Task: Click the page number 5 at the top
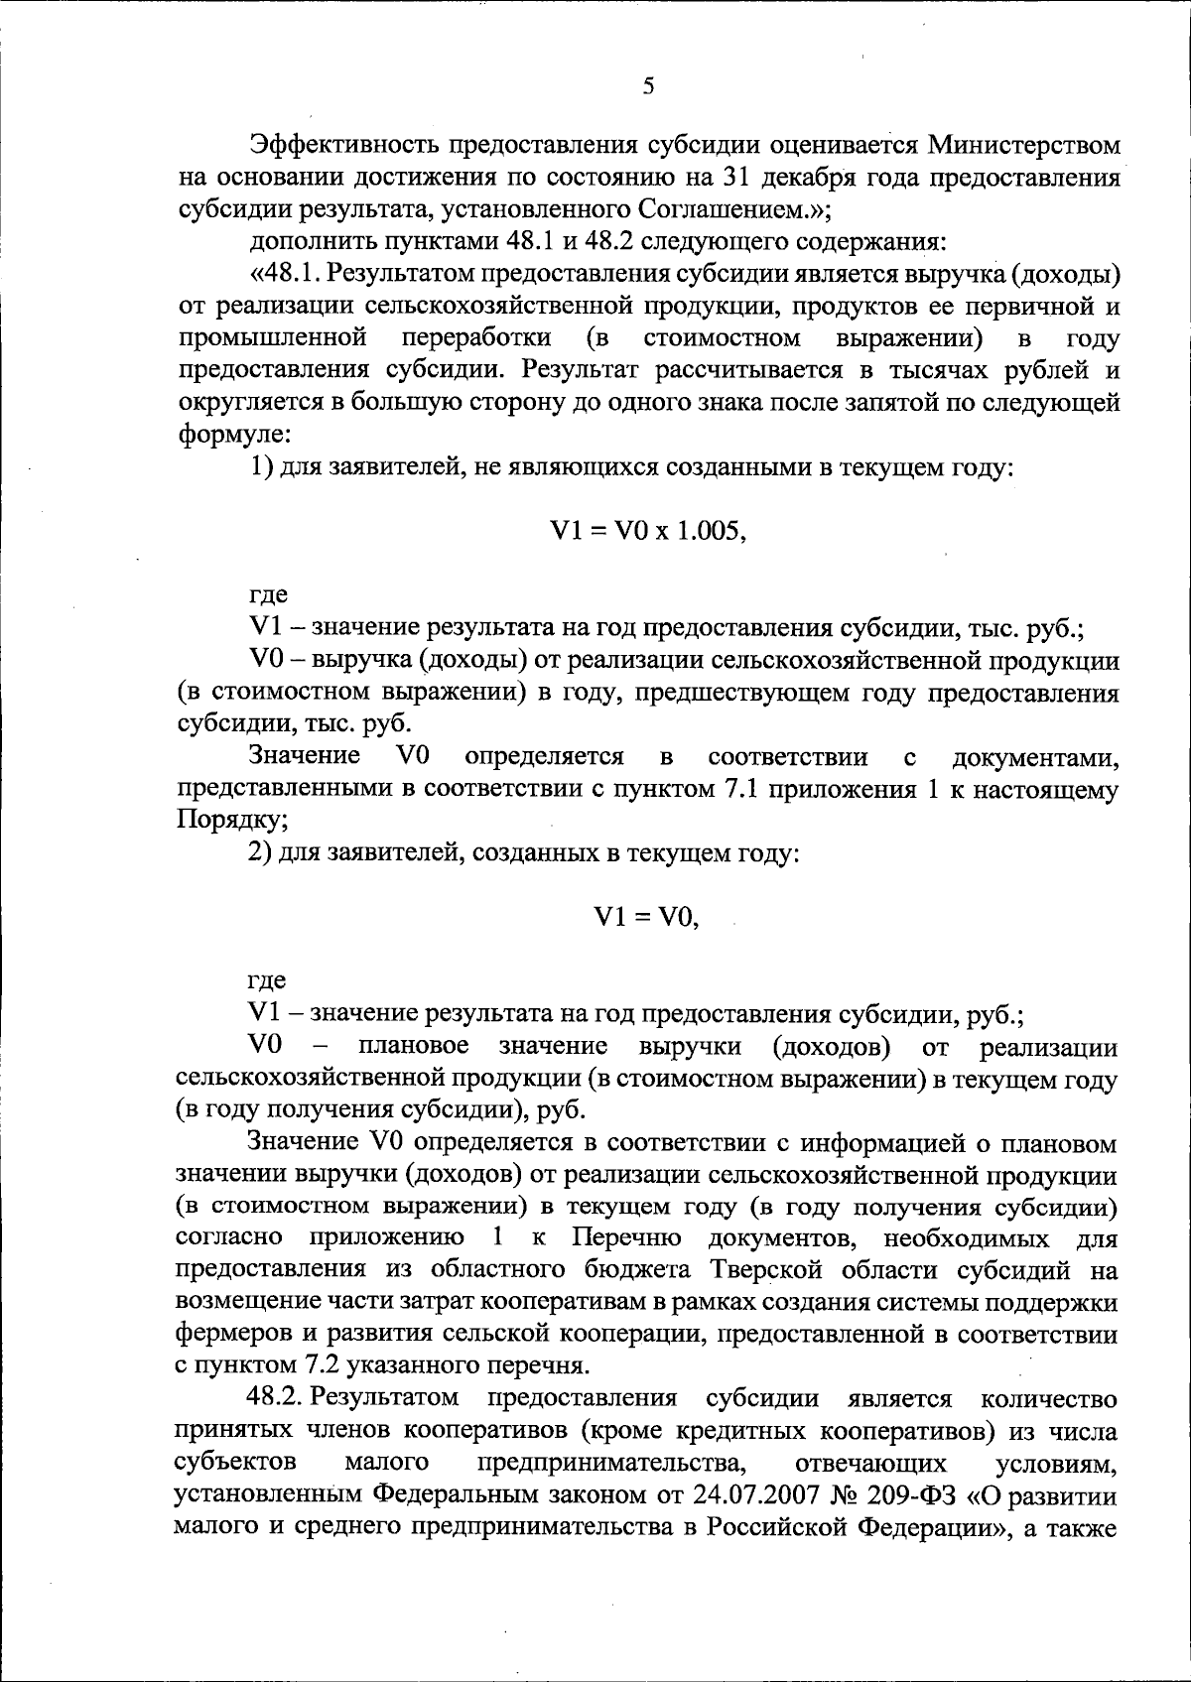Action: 648,86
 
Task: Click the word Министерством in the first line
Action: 1025,145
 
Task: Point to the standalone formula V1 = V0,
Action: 646,918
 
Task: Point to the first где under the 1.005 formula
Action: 267,595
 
